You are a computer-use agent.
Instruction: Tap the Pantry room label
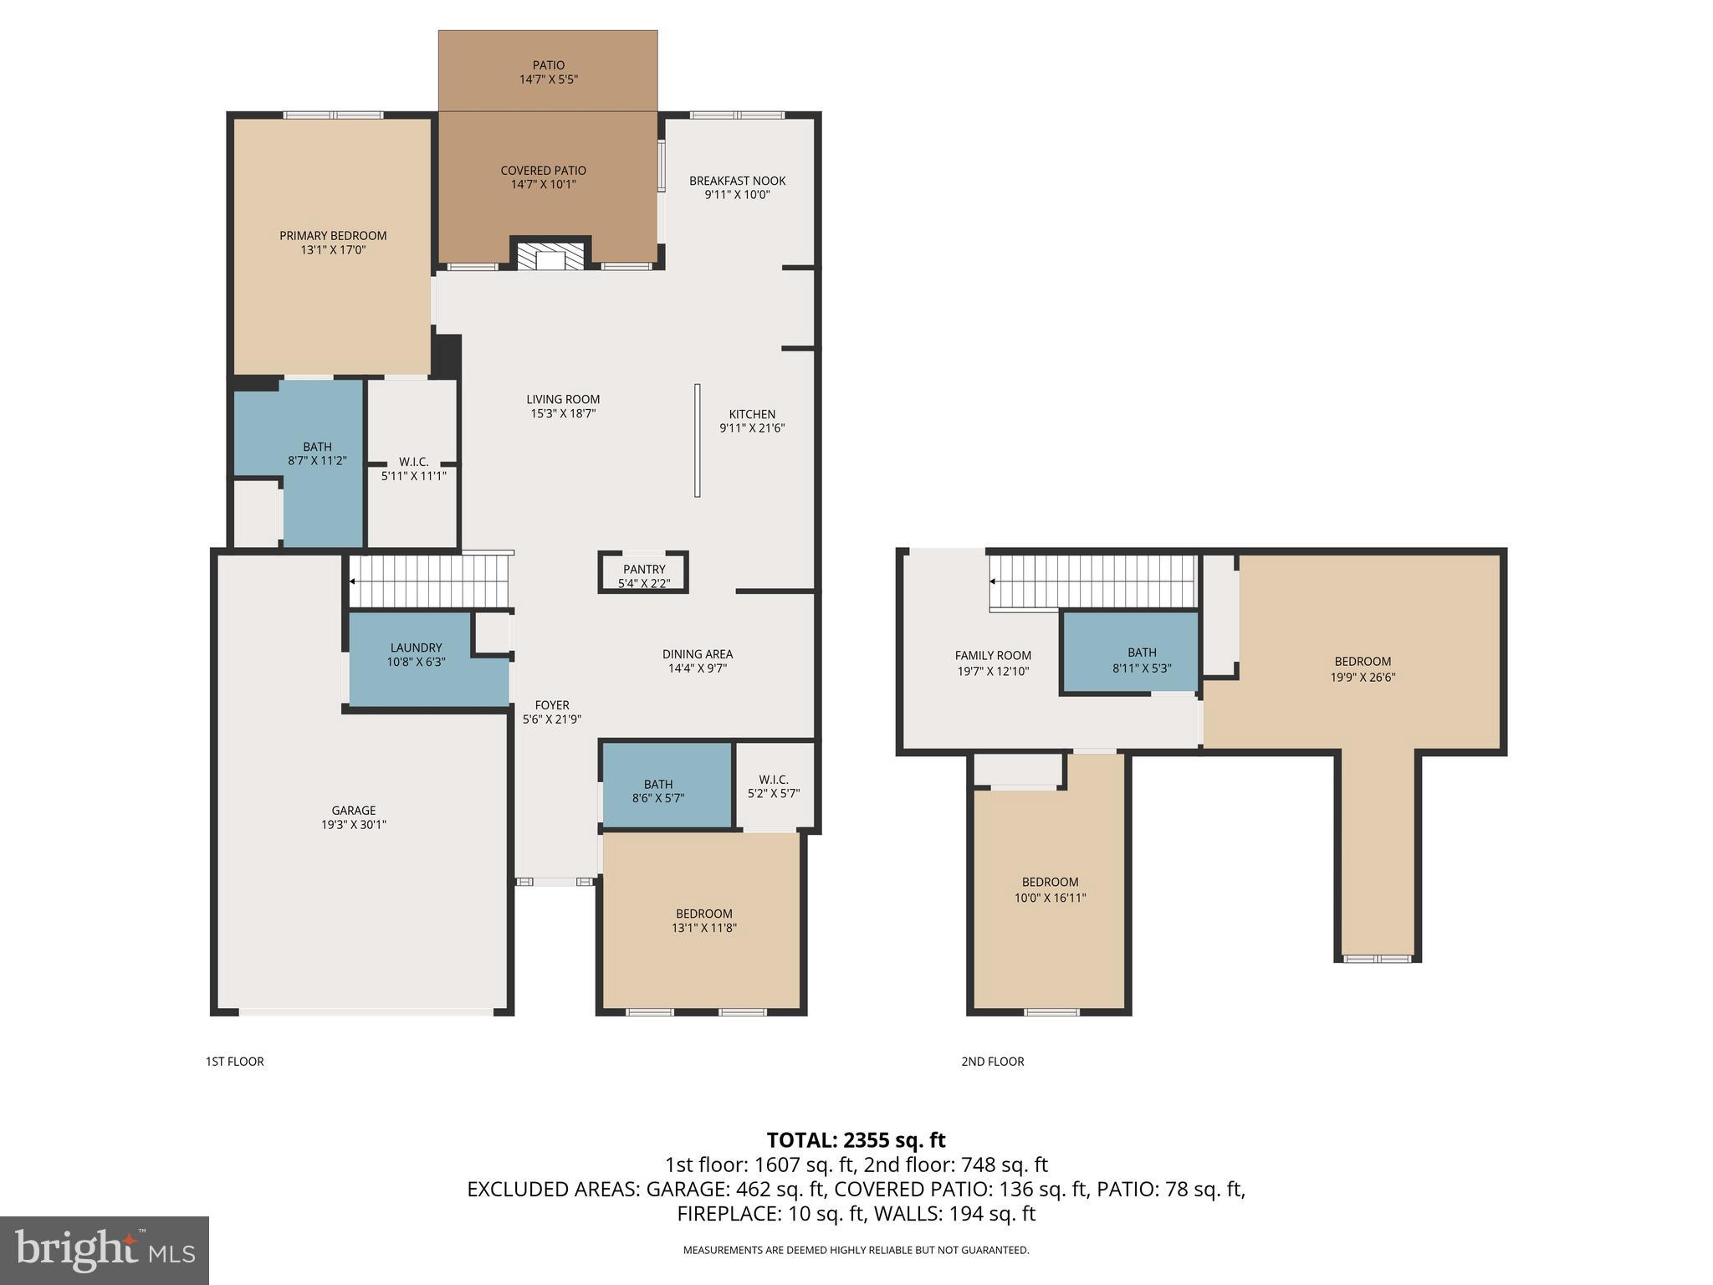tap(643, 570)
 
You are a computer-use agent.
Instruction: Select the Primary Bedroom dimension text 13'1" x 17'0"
tap(333, 250)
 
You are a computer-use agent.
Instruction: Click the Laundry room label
tap(416, 648)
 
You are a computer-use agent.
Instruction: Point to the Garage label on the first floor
tap(353, 810)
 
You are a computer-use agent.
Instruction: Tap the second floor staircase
tap(1092, 581)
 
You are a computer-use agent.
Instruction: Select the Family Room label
tap(993, 656)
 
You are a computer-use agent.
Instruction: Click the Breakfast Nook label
tap(737, 181)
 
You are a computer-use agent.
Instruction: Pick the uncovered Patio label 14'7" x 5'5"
tap(549, 72)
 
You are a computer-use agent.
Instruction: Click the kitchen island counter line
tap(697, 440)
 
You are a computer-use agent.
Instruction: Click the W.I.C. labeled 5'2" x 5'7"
tap(773, 786)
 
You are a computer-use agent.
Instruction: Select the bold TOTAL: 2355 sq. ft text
tap(856, 1140)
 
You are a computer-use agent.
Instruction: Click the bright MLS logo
tap(105, 1250)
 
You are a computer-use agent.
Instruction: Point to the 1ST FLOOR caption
tap(234, 1062)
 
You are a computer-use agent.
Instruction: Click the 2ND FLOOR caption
tap(992, 1062)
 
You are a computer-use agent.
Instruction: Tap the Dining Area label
tap(697, 654)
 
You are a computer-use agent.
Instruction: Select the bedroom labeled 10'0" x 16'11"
tap(1050, 889)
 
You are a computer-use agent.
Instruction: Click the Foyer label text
tap(551, 705)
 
